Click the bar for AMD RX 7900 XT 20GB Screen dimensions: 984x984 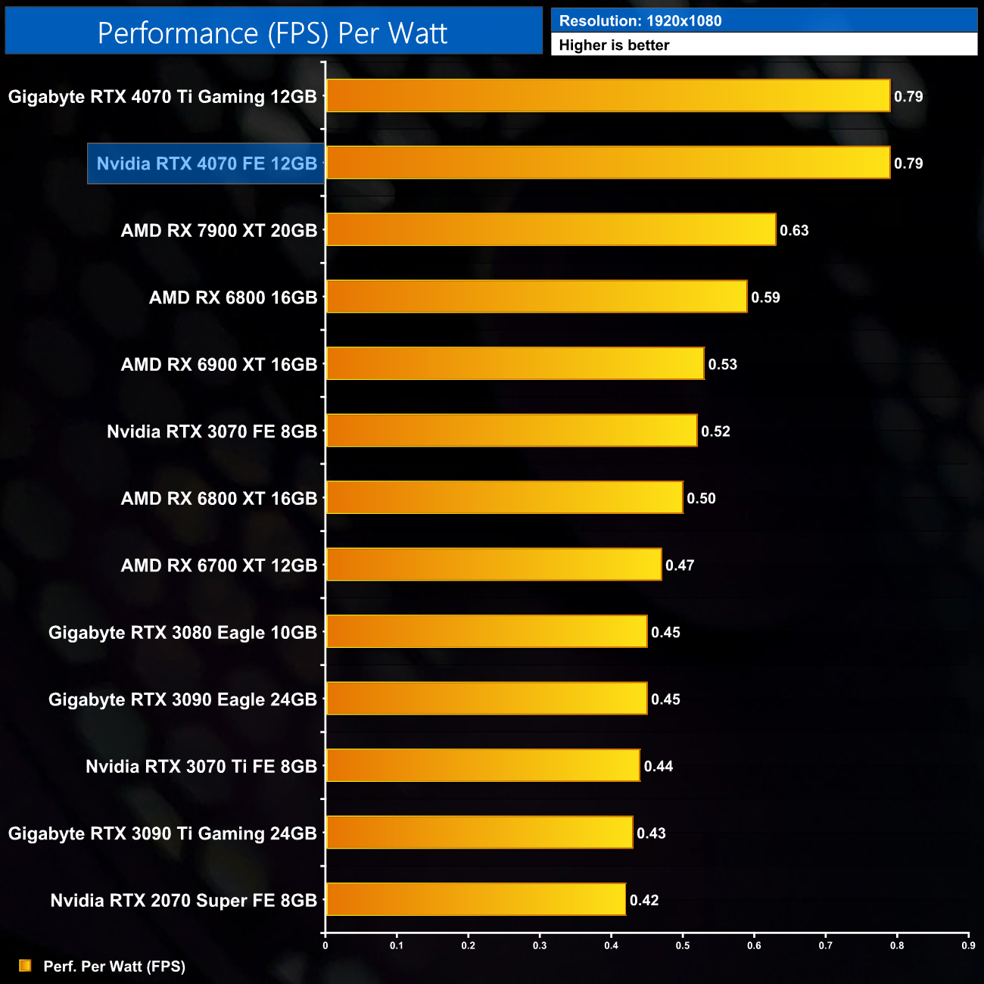pyautogui.click(x=551, y=229)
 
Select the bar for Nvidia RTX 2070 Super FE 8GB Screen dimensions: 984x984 pyautogui.click(x=475, y=899)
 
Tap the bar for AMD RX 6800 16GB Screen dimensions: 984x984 pyautogui.click(x=536, y=296)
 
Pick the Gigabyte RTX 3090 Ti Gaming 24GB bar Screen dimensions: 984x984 pyautogui.click(x=479, y=833)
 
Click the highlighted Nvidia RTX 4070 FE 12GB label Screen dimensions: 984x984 pyautogui.click(x=207, y=163)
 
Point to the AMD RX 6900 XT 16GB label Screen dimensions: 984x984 pyautogui.click(x=219, y=365)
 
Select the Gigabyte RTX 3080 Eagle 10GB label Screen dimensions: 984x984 pyautogui.click(x=182, y=633)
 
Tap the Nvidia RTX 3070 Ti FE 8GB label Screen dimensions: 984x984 pyautogui.click(x=201, y=767)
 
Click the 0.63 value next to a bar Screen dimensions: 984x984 pyautogui.click(x=794, y=230)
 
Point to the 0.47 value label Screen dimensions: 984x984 pyautogui.click(x=680, y=565)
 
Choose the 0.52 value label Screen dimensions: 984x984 pyautogui.click(x=715, y=431)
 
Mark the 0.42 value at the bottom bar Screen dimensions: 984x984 pyautogui.click(x=644, y=900)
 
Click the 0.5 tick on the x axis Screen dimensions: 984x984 pyautogui.click(x=683, y=945)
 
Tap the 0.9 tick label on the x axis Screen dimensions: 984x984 pyautogui.click(x=968, y=945)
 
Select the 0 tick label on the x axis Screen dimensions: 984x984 pyautogui.click(x=325, y=945)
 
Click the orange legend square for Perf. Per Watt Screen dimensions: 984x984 pyautogui.click(x=25, y=966)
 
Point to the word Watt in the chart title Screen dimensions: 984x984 pyautogui.click(x=415, y=33)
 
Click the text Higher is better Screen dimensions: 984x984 pyautogui.click(x=614, y=45)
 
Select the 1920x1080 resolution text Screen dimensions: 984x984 pyautogui.click(x=684, y=21)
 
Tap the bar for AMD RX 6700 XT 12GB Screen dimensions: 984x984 pyautogui.click(x=494, y=565)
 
